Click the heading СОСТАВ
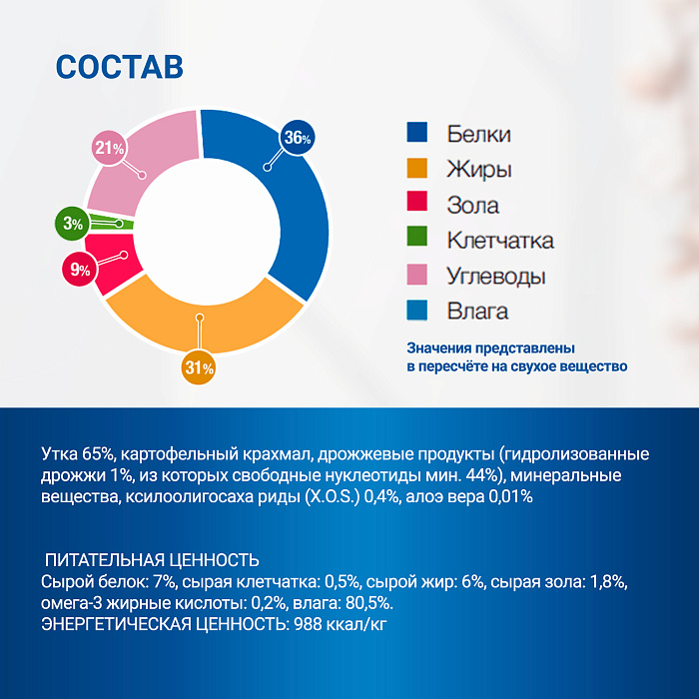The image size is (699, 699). (x=119, y=66)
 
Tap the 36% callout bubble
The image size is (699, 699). (x=297, y=139)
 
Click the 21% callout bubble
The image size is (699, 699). (x=110, y=148)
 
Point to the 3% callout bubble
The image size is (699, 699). (x=72, y=224)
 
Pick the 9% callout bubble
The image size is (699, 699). (x=79, y=269)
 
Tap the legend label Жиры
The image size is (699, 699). (x=479, y=170)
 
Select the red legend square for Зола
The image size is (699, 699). (x=417, y=205)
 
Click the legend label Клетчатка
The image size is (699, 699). (x=500, y=241)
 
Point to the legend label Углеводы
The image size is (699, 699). (x=496, y=276)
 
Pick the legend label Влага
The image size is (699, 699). (x=477, y=312)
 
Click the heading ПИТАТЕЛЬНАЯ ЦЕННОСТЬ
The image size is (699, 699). (x=153, y=560)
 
